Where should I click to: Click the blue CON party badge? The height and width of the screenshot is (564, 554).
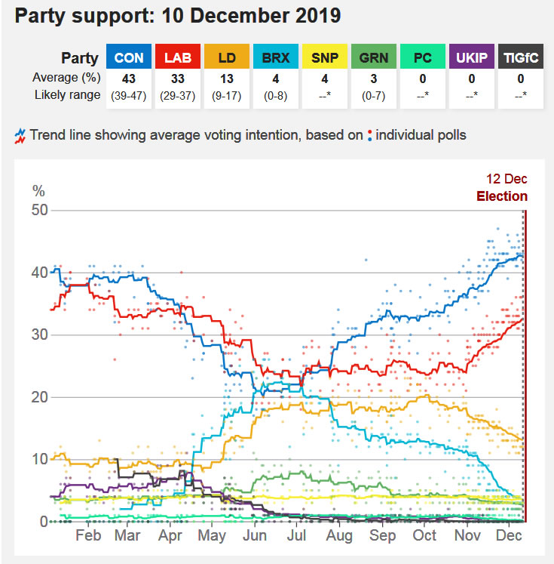129,57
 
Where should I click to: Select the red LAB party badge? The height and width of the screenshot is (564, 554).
177,57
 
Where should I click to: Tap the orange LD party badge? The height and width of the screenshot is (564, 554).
225,57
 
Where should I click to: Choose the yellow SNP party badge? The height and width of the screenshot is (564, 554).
323,57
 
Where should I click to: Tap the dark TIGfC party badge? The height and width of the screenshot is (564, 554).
519,57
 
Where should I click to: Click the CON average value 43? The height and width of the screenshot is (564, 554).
129,79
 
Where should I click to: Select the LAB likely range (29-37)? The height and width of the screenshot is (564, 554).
177,95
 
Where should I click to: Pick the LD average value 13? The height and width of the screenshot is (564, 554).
225,79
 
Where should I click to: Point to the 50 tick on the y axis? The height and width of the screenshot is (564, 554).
40,211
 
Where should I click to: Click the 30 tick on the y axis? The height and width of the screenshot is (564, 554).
40,335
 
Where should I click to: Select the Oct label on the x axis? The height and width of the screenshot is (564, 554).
425,535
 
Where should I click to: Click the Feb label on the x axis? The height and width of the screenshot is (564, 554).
88,535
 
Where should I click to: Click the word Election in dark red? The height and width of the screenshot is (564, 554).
502,196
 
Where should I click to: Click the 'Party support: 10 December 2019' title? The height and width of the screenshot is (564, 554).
178,16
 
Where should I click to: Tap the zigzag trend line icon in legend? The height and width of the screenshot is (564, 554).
20,136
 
